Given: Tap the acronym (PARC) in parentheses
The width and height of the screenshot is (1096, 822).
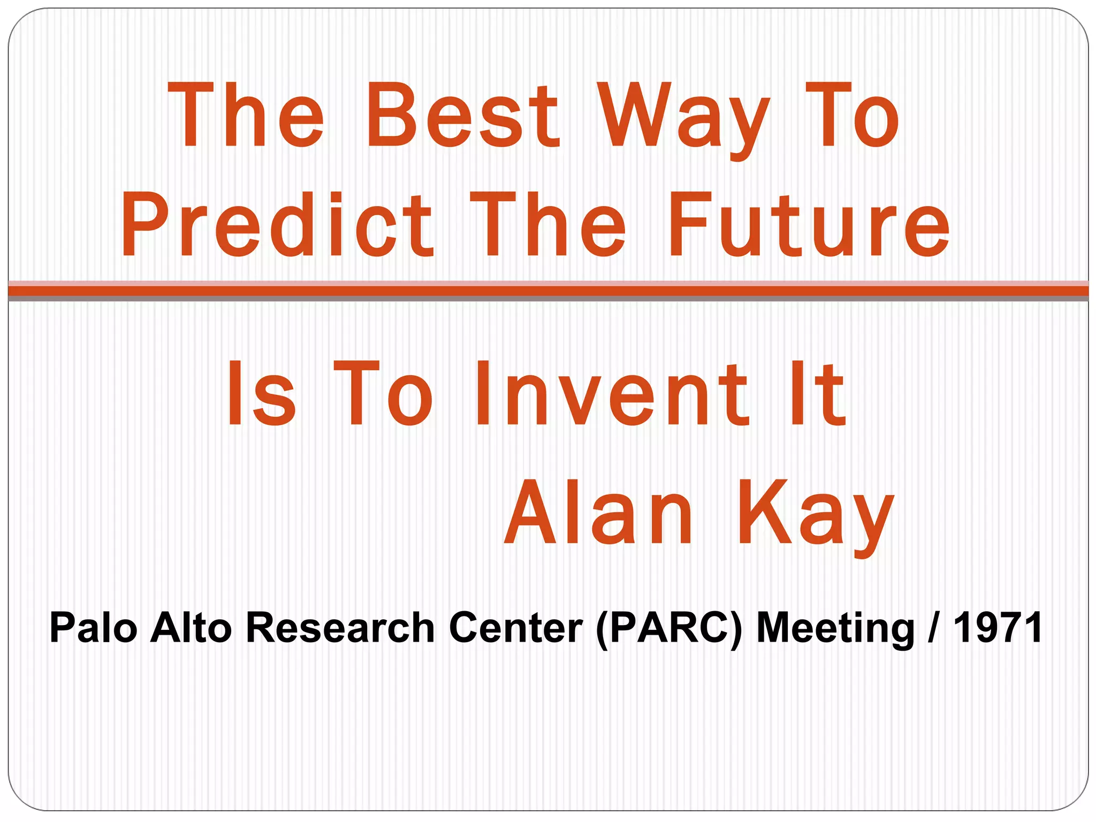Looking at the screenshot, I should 669,629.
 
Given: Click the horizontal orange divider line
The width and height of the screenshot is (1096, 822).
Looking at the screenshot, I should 548,291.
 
